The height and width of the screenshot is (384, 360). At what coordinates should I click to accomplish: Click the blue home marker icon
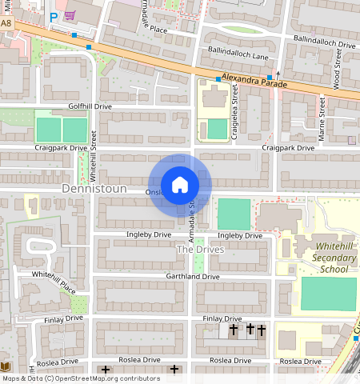pyautogui.click(x=180, y=185)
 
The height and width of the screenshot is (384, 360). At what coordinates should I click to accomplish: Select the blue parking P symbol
pyautogui.click(x=54, y=17)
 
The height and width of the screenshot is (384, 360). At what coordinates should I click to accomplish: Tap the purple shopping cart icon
pyautogui.click(x=70, y=14)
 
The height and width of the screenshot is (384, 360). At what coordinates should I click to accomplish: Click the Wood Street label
pyautogui.click(x=338, y=67)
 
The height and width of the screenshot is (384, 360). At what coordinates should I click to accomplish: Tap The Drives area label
pyautogui.click(x=200, y=250)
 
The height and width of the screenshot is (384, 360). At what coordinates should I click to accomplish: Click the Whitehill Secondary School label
pyautogui.click(x=325, y=258)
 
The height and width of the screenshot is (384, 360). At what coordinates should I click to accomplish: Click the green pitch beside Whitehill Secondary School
pyautogui.click(x=328, y=294)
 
